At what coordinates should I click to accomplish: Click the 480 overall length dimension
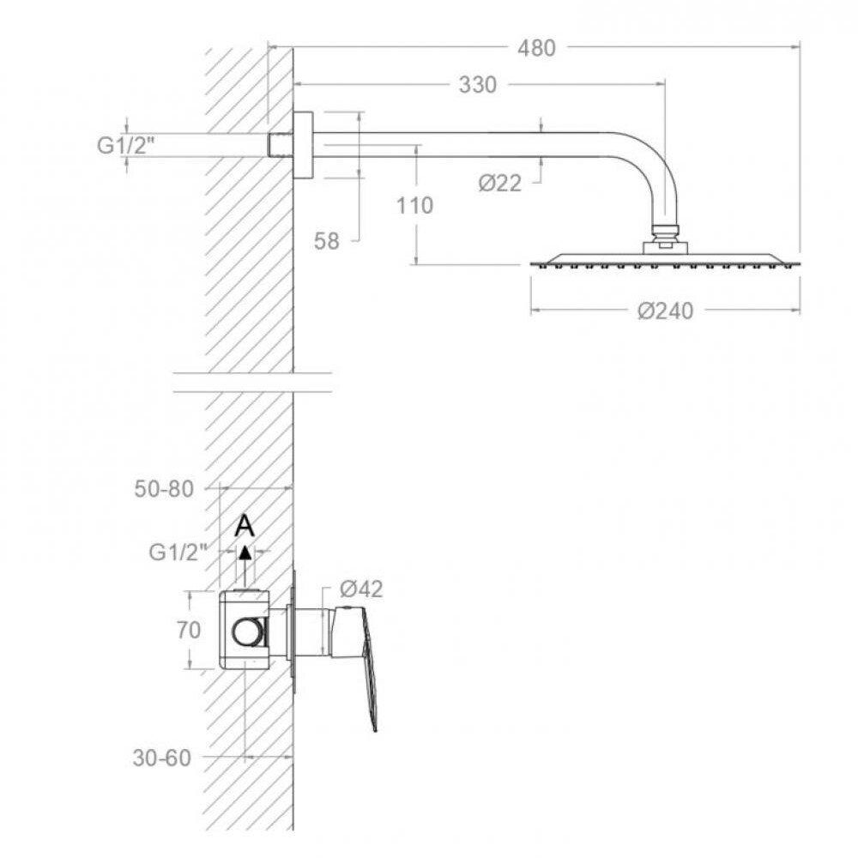pyautogui.click(x=536, y=48)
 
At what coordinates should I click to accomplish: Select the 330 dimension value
pyautogui.click(x=478, y=85)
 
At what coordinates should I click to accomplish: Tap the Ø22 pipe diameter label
pyautogui.click(x=499, y=183)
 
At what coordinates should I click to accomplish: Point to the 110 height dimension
pyautogui.click(x=414, y=206)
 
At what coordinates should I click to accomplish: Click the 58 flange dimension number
pyautogui.click(x=326, y=241)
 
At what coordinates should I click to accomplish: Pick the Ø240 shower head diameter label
pyautogui.click(x=666, y=311)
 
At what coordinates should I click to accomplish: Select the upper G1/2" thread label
pyautogui.click(x=125, y=146)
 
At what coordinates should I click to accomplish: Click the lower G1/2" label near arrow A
pyautogui.click(x=178, y=552)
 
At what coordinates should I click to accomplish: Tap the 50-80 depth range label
pyautogui.click(x=164, y=489)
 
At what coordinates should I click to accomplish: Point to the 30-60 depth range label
pyautogui.click(x=162, y=758)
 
